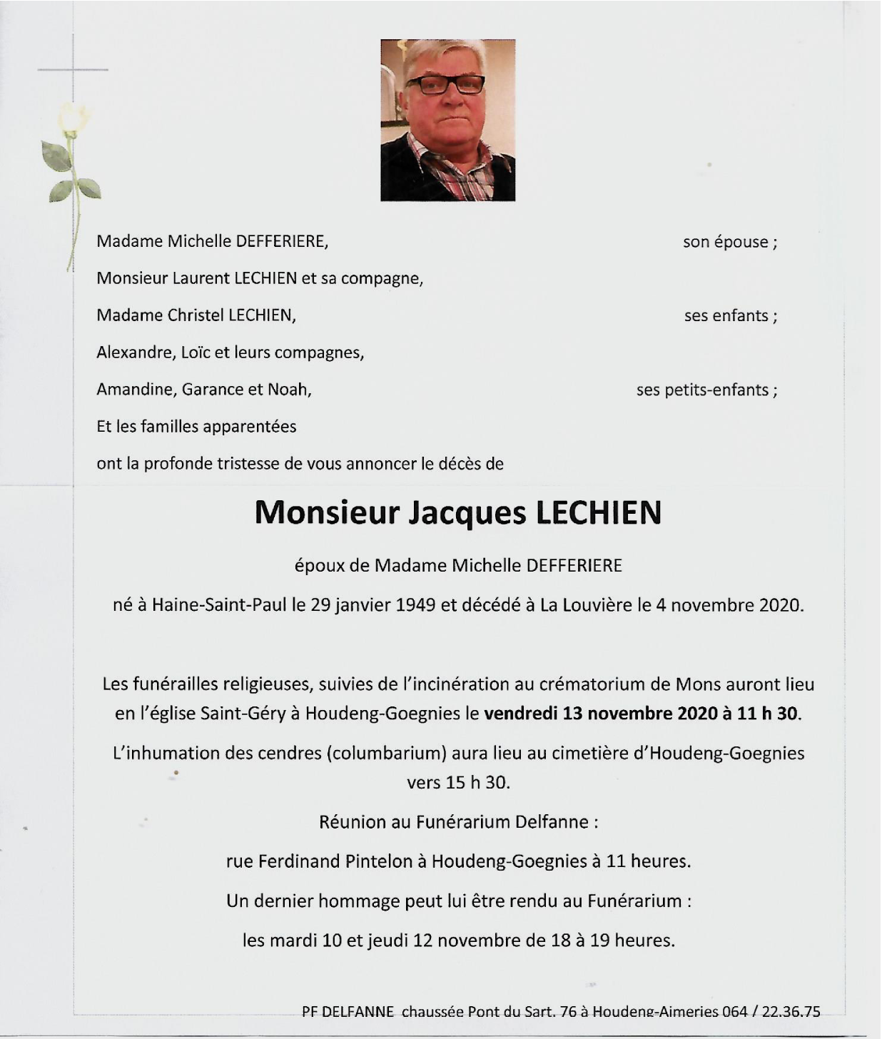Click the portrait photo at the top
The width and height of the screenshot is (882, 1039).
pos(447,120)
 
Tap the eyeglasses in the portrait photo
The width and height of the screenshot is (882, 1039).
pos(445,85)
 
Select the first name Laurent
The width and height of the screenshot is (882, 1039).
pos(201,278)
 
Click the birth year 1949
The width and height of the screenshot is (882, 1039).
pos(415,605)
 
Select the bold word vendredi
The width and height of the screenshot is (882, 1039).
pos(520,714)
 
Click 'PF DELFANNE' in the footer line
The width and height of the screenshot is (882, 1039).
pos(348,1011)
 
